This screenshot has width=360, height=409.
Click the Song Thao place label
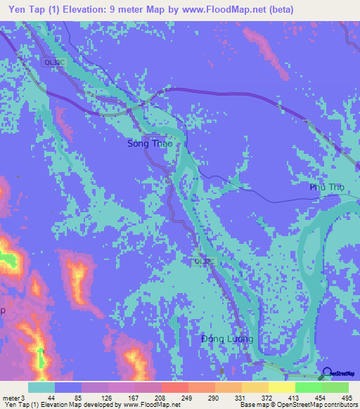pyautogui.click(x=149, y=143)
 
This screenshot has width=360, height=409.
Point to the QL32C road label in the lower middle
pyautogui.click(x=203, y=261)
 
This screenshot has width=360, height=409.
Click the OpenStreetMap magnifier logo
pyautogui.click(x=327, y=372)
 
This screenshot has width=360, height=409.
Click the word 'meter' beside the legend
pyautogui.click(x=11, y=397)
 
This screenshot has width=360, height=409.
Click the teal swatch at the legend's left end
pyautogui.click(x=41, y=387)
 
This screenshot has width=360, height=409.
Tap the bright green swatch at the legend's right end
pyautogui.click(x=335, y=387)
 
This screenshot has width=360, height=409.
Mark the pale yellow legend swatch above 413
pyautogui.click(x=282, y=387)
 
